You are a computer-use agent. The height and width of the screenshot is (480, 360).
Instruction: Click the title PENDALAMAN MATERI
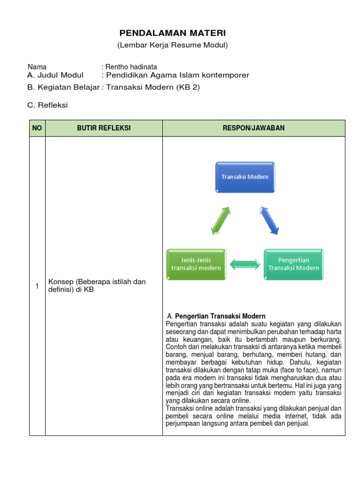(x=172, y=33)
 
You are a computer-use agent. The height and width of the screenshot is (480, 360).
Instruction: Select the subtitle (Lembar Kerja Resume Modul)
(x=172, y=45)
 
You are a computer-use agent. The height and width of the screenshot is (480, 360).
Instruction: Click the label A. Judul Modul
(x=55, y=75)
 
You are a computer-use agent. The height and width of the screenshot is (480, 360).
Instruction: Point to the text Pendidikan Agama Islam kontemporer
(x=175, y=75)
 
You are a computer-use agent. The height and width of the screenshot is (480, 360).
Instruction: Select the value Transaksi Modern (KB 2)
(x=153, y=87)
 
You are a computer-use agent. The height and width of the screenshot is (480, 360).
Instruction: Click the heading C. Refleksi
(x=47, y=105)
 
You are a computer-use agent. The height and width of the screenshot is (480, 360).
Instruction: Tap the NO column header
(x=37, y=128)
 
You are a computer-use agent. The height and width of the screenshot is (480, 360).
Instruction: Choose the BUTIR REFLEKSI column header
(x=104, y=128)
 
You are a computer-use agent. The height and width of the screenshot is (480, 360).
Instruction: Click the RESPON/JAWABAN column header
(x=254, y=128)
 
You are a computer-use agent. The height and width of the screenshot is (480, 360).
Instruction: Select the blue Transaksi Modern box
(x=245, y=177)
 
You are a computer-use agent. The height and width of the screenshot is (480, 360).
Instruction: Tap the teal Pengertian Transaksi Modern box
(x=293, y=264)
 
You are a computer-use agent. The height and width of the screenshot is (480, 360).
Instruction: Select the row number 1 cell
(x=37, y=286)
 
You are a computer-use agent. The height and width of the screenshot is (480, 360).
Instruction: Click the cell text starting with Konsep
(x=97, y=285)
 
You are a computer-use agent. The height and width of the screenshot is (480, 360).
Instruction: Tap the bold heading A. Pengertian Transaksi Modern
(x=220, y=316)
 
